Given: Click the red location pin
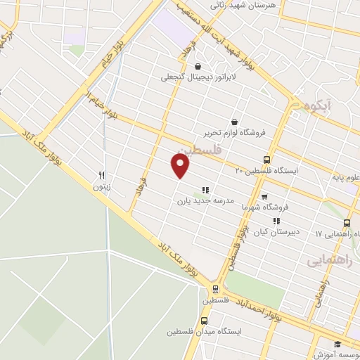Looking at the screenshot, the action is coord(181,165).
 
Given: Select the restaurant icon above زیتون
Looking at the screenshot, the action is coord(101,176).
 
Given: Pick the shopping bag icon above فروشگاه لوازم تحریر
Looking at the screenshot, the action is coord(233,121).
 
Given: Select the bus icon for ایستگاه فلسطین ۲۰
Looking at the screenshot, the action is coord(266,160).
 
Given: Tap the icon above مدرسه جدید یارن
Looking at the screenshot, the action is coord(205,189).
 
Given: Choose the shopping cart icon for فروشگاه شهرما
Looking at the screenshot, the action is coord(264,197).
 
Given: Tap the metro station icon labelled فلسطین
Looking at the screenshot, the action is coord(215,290).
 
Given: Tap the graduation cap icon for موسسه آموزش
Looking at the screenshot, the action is coord(338,344).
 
